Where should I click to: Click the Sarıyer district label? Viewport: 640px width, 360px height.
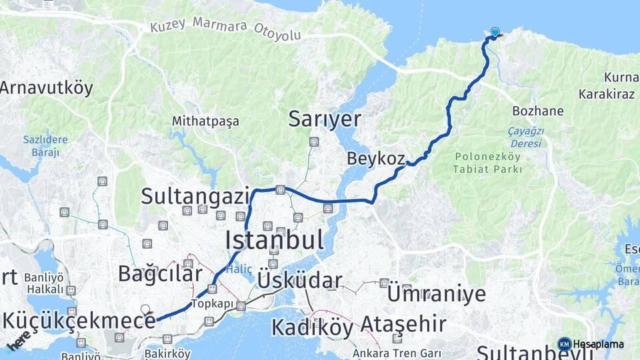325,119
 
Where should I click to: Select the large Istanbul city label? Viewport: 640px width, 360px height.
274,239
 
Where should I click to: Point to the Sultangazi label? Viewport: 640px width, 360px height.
195,196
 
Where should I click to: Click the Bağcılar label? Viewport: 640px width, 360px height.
159,273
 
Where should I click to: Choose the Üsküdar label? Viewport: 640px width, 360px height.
299,280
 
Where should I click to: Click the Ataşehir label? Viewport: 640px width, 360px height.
403,325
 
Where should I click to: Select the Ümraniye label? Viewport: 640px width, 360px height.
436,293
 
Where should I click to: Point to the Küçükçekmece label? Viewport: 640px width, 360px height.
79,320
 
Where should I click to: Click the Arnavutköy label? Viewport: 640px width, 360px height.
47,88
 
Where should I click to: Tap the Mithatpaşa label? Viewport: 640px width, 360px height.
205,122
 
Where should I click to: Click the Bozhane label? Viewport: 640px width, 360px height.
538,111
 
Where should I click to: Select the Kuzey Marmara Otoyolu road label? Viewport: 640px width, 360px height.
225,28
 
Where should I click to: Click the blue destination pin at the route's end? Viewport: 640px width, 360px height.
495,31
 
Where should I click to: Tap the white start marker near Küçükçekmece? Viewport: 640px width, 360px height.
145,309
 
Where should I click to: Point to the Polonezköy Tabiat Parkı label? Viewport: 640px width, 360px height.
489,163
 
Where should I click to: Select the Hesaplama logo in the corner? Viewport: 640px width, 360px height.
591,344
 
